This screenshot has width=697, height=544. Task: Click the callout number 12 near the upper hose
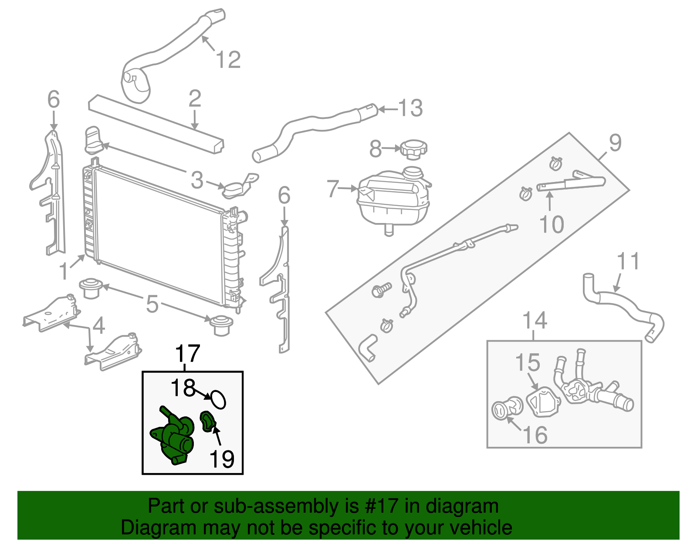pyautogui.click(x=228, y=60)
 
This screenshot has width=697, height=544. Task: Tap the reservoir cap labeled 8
pyautogui.click(x=413, y=149)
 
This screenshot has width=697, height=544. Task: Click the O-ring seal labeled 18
pyautogui.click(x=217, y=399)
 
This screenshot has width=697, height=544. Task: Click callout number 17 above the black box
pyautogui.click(x=187, y=353)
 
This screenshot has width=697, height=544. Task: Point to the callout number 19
pyautogui.click(x=222, y=458)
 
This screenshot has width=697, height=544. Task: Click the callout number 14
pyautogui.click(x=535, y=321)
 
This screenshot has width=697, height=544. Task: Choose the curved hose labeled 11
pyautogui.click(x=623, y=307)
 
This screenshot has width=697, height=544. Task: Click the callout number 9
pyautogui.click(x=615, y=143)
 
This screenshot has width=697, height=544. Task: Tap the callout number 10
pyautogui.click(x=552, y=224)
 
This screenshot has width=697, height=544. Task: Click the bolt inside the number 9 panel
pyautogui.click(x=382, y=290)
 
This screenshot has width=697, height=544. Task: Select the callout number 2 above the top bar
pyautogui.click(x=195, y=99)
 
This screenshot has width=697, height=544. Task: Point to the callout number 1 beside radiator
pyautogui.click(x=64, y=271)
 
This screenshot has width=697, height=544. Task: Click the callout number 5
pyautogui.click(x=152, y=304)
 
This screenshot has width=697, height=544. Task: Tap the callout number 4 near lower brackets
pyautogui.click(x=99, y=325)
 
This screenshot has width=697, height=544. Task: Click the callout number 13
pyautogui.click(x=410, y=108)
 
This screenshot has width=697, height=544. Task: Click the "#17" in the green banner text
pyautogui.click(x=379, y=506)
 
